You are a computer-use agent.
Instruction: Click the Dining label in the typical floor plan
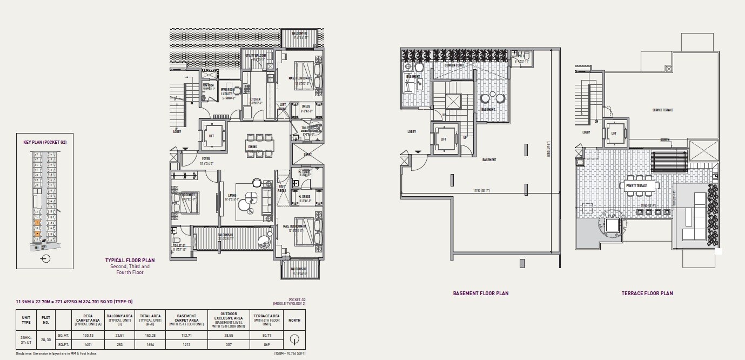(x=252, y=146)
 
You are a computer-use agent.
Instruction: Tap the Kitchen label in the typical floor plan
(x=255, y=99)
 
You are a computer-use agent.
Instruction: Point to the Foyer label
(x=206, y=159)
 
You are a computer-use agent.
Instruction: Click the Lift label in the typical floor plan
(x=211, y=136)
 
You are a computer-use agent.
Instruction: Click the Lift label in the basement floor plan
(x=444, y=139)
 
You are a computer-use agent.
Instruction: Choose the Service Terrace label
(x=662, y=110)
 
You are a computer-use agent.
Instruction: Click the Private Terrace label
(x=635, y=185)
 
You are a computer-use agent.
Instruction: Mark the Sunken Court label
(x=455, y=65)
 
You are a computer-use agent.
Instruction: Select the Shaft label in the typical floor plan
(x=307, y=154)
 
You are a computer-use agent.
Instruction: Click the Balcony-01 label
(x=225, y=235)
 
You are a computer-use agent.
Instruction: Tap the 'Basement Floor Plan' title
(x=480, y=294)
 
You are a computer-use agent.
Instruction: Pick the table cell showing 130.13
(x=88, y=335)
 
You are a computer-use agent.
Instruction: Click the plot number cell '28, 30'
(x=46, y=339)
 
